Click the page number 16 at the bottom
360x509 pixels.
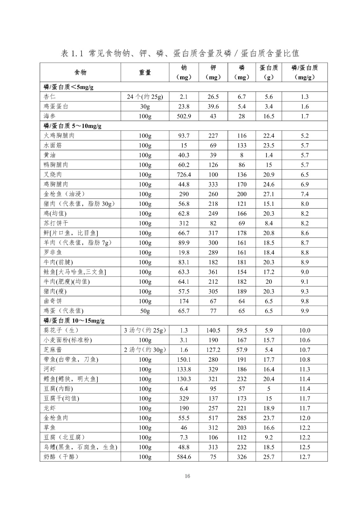[x=187, y=476]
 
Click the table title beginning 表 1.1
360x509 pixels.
[x=180, y=53]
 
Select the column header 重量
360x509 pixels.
[x=145, y=73]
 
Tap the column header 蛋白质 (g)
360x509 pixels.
[x=269, y=73]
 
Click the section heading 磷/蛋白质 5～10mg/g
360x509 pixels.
[x=73, y=126]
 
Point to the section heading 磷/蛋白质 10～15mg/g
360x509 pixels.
[x=74, y=321]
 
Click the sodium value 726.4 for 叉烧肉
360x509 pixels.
[x=184, y=175]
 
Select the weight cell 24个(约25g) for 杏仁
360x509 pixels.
[x=145, y=97]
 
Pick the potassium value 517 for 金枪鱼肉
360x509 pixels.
[x=213, y=418]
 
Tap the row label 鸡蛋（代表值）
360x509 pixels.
[x=63, y=311]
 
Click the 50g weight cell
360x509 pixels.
[x=145, y=311]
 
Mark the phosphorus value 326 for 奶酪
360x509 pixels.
[x=242, y=457]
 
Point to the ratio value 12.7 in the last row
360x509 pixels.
[x=305, y=457]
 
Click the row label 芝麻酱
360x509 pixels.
[x=53, y=350]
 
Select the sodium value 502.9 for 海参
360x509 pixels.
[x=184, y=116]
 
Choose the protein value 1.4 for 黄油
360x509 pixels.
[x=269, y=155]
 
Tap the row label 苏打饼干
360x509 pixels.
[x=56, y=223]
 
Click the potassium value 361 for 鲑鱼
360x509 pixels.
[x=213, y=272]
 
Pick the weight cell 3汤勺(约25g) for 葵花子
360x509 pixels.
[x=145, y=330]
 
